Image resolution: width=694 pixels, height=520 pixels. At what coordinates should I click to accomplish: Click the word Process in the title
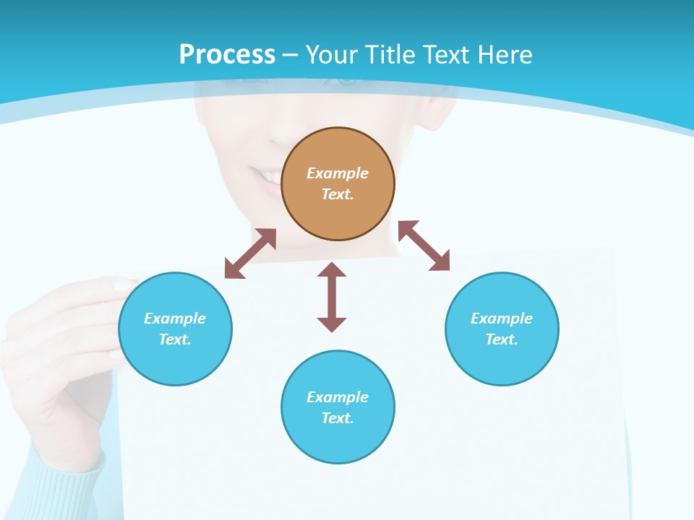coord(227,55)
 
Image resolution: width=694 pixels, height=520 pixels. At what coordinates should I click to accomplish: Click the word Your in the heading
coord(332,55)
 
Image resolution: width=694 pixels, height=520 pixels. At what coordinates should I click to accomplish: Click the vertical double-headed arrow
coord(332,298)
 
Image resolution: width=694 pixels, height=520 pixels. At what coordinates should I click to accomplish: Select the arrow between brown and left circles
coord(250,253)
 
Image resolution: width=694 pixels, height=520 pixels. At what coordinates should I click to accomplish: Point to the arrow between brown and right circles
coord(424,246)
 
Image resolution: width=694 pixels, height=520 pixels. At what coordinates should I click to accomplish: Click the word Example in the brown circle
coord(338,173)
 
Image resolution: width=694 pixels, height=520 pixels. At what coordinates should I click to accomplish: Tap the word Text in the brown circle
coord(337,194)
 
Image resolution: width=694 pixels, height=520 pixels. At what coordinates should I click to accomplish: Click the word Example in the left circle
coord(175,318)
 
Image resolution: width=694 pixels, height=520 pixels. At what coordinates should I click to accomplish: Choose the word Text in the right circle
coord(501,339)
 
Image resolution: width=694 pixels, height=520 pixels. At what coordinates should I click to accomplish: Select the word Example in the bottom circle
coord(338,397)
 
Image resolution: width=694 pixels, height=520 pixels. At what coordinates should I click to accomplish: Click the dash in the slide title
coord(291,55)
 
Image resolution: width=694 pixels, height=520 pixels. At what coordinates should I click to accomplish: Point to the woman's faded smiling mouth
coord(264,175)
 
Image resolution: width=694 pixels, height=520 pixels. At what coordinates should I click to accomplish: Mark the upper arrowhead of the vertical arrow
coord(332,269)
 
